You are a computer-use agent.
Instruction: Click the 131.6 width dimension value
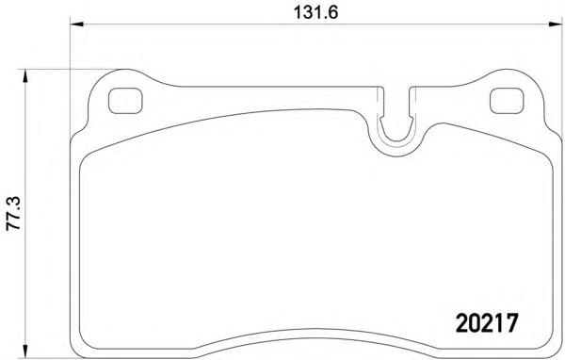pyautogui.click(x=315, y=12)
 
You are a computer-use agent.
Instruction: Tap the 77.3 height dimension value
pyautogui.click(x=14, y=214)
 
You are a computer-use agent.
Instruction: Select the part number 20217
pyautogui.click(x=487, y=323)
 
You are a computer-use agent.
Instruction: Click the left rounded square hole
pyautogui.click(x=125, y=101)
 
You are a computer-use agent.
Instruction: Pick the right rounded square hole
pyautogui.click(x=507, y=101)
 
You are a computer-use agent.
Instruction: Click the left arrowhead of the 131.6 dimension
pyautogui.click(x=77, y=25)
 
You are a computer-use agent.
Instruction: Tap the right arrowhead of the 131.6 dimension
pyautogui.click(x=555, y=25)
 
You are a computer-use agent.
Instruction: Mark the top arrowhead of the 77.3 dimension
pyautogui.click(x=24, y=75)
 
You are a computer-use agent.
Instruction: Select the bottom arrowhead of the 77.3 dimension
pyautogui.click(x=24, y=350)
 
